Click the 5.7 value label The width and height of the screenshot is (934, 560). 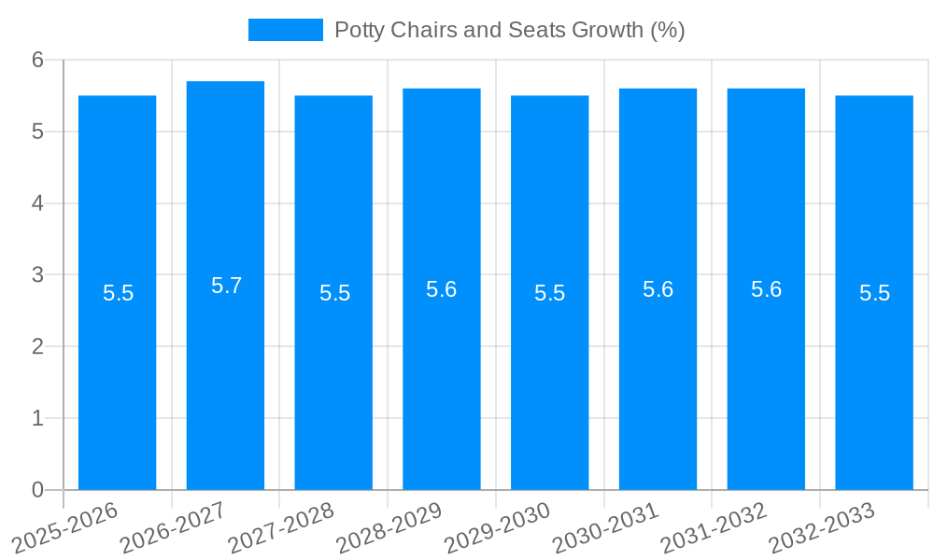click(x=226, y=286)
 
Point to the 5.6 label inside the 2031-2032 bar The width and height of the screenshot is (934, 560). click(x=766, y=289)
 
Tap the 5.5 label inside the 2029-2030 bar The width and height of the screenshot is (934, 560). click(x=549, y=293)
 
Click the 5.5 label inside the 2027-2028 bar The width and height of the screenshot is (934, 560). click(x=334, y=293)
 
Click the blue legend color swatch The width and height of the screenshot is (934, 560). click(x=285, y=30)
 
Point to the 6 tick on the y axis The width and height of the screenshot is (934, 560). click(x=38, y=60)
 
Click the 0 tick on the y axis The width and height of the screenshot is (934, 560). click(x=38, y=490)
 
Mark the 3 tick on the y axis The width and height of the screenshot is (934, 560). click(x=38, y=275)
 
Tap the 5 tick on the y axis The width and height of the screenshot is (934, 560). click(x=38, y=132)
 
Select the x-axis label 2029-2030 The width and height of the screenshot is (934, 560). click(x=498, y=528)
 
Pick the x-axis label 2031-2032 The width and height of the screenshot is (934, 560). click(x=715, y=528)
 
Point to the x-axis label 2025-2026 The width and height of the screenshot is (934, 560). click(x=65, y=528)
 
